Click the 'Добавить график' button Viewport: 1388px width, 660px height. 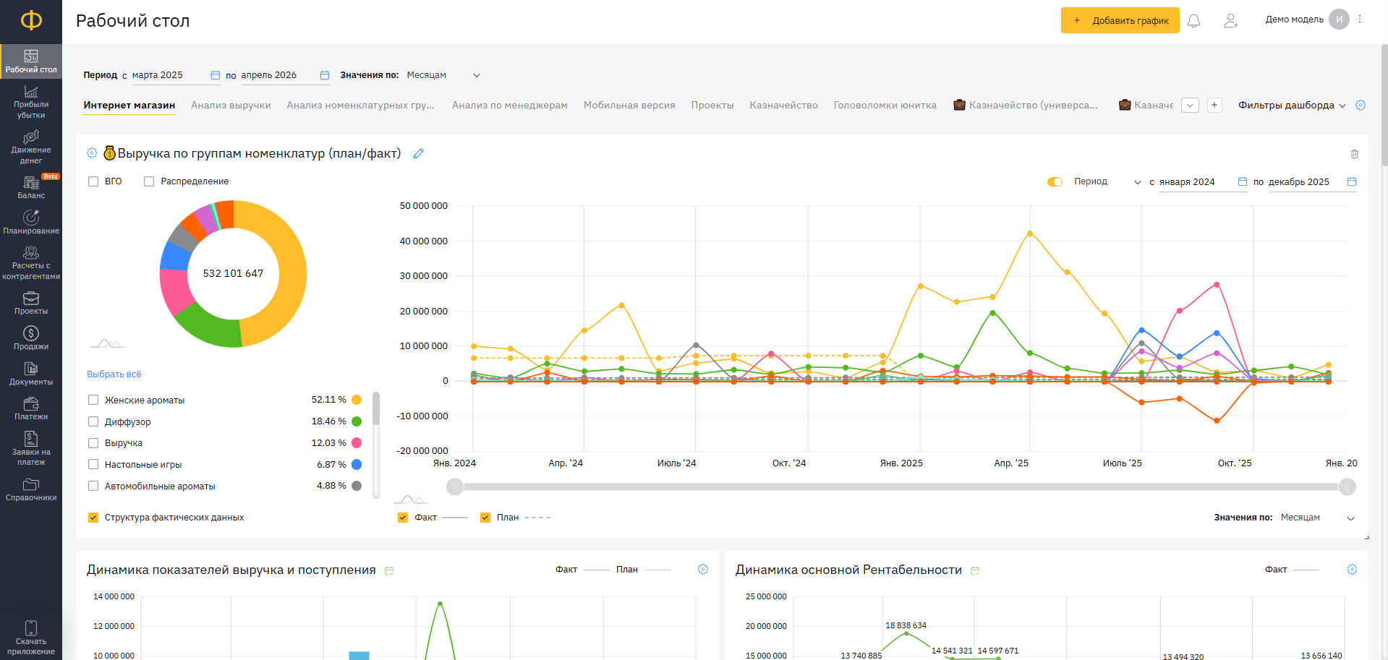coord(1120,20)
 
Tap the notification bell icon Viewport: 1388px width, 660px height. coord(1194,21)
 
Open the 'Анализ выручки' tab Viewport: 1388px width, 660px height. coord(231,106)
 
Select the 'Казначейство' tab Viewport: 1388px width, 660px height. coord(783,106)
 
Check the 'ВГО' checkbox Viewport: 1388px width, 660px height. coord(93,181)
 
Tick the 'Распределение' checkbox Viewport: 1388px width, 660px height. coord(149,181)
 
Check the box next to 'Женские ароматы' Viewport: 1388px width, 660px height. coord(93,400)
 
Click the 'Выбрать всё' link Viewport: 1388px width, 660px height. coord(114,374)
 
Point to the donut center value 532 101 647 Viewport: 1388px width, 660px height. coord(233,273)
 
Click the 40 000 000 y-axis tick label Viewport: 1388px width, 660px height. coord(424,241)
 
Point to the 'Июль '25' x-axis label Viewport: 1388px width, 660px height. coord(1122,463)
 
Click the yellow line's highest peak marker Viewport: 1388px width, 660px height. coord(1030,233)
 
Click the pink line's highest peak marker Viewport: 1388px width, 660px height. coord(1217,285)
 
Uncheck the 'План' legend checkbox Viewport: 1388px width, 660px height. coord(485,518)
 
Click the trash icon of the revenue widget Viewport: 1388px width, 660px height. coord(1354,154)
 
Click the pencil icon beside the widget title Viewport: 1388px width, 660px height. coord(418,153)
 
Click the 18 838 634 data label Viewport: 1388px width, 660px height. coord(906,625)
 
